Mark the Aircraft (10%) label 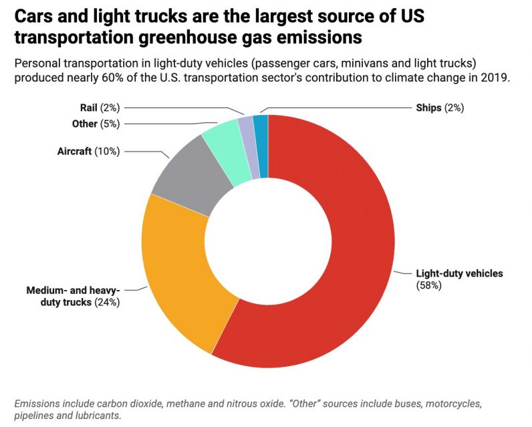click(88, 151)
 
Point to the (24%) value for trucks click(106, 302)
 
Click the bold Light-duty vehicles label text click(458, 273)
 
